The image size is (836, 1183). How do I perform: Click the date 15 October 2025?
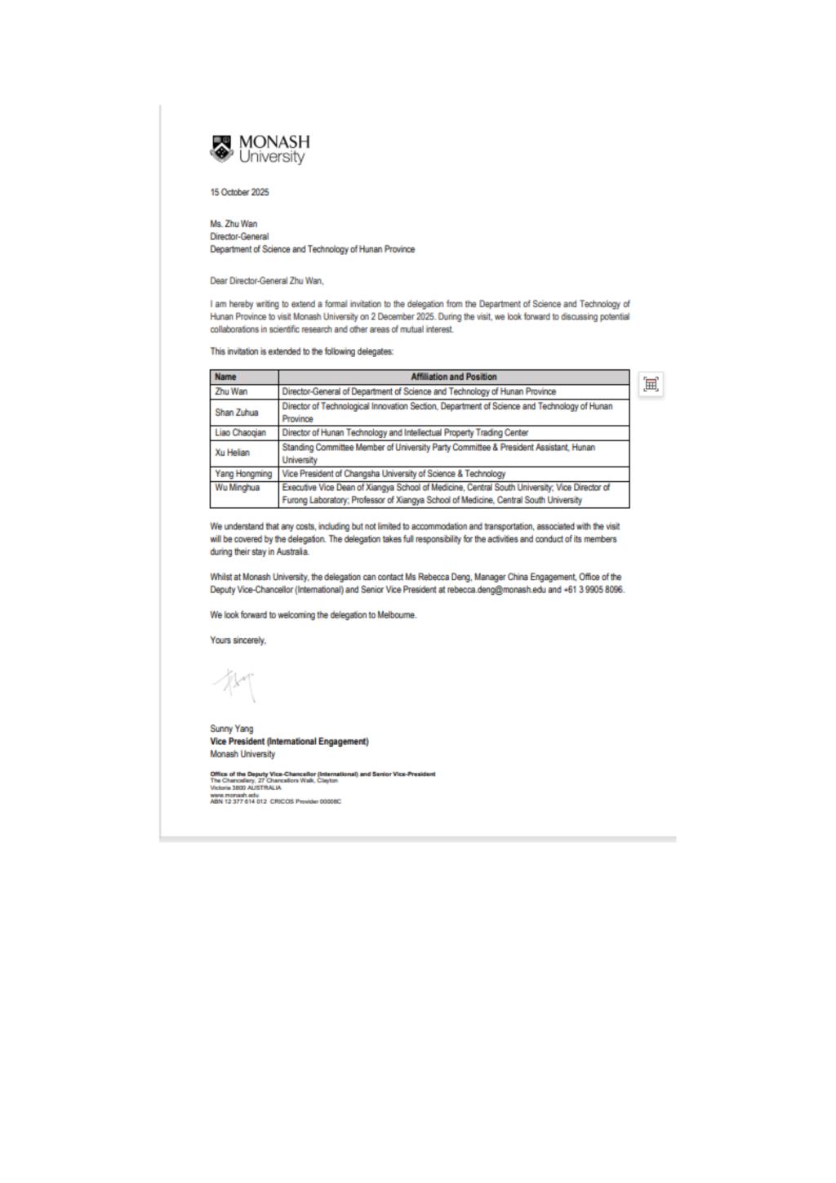[239, 193]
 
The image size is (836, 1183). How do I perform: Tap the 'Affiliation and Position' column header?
[454, 377]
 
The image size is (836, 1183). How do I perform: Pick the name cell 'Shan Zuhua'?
[237, 413]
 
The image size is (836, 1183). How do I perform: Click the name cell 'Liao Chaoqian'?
[241, 433]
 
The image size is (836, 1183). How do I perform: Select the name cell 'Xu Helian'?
[233, 453]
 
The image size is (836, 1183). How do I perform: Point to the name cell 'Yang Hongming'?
[243, 474]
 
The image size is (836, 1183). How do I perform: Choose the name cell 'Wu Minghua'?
[238, 488]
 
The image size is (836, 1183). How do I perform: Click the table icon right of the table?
[651, 384]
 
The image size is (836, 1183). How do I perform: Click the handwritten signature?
[236, 684]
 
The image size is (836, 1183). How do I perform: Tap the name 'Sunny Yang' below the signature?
[232, 729]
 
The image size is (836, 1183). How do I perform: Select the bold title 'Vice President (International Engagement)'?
[289, 742]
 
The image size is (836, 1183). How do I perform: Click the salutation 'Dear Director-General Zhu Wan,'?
[267, 281]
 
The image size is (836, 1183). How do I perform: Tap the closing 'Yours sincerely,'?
[238, 641]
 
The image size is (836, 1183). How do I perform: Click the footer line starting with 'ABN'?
[275, 801]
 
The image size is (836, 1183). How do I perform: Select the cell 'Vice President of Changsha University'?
[394, 474]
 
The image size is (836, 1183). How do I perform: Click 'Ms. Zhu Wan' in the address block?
[233, 224]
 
